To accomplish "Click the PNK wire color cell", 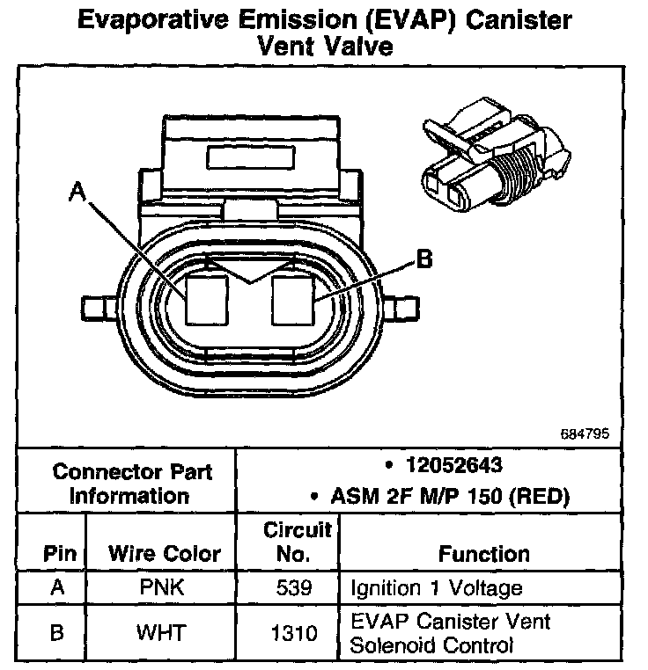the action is pyautogui.click(x=163, y=587).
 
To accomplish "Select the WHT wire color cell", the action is pyautogui.click(x=163, y=632).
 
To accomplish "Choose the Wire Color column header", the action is pyautogui.click(x=164, y=554).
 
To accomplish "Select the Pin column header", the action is pyautogui.click(x=59, y=554).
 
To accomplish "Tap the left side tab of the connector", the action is pyautogui.click(x=97, y=308).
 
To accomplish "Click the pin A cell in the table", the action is pyautogui.click(x=58, y=587).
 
